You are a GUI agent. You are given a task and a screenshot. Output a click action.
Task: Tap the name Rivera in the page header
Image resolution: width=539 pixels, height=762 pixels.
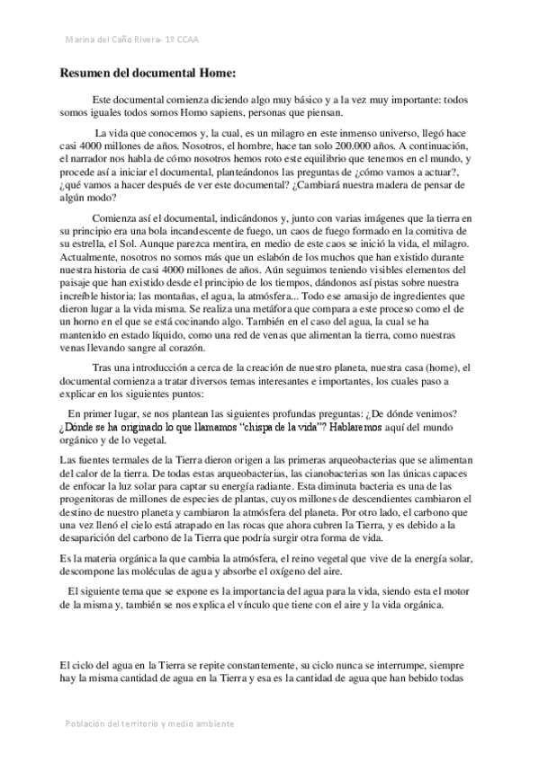coord(141,40)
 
